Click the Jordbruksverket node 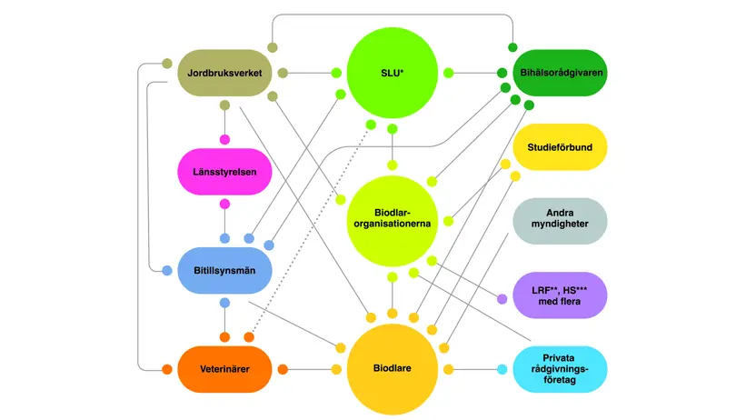[x=224, y=73]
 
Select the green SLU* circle [x=392, y=73]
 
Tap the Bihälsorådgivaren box [x=560, y=73]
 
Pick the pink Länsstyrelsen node [x=224, y=172]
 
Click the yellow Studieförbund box [x=560, y=147]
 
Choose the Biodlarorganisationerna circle [x=392, y=221]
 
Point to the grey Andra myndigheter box [x=560, y=222]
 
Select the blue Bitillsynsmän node [x=224, y=271]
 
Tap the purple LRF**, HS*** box [x=560, y=295]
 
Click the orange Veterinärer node [x=224, y=369]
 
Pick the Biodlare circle [x=392, y=369]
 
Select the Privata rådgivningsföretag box [x=560, y=369]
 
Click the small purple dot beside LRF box [x=502, y=299]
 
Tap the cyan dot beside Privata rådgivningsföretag [x=502, y=369]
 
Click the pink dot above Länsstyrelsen [x=225, y=139]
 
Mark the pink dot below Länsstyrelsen [x=225, y=205]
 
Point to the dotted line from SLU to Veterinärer [x=310, y=231]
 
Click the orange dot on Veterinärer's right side [x=283, y=369]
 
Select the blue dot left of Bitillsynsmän [x=167, y=271]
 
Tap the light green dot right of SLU [x=448, y=73]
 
